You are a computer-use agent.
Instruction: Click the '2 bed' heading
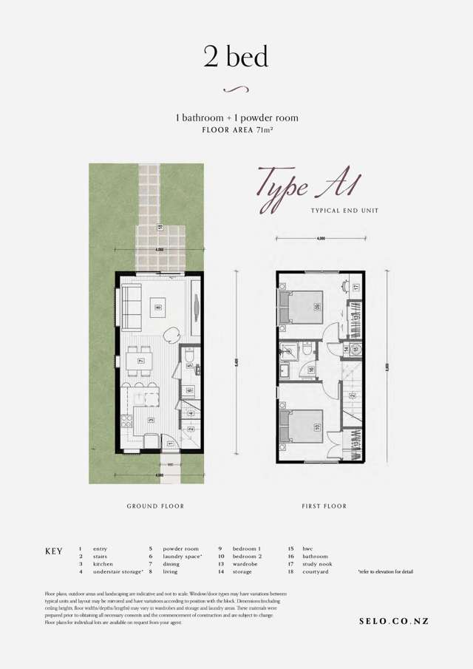[236, 56]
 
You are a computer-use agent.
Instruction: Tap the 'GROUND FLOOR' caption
[156, 506]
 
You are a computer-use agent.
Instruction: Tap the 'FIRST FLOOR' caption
[324, 506]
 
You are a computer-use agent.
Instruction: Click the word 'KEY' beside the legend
[55, 551]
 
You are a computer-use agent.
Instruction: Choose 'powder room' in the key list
[181, 549]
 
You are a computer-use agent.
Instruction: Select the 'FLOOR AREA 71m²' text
[236, 130]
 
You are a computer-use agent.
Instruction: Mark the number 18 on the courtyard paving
[159, 228]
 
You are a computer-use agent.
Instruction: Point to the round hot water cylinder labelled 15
[355, 349]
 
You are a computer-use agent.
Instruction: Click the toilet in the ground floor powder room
[190, 361]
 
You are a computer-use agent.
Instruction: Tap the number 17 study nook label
[355, 287]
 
